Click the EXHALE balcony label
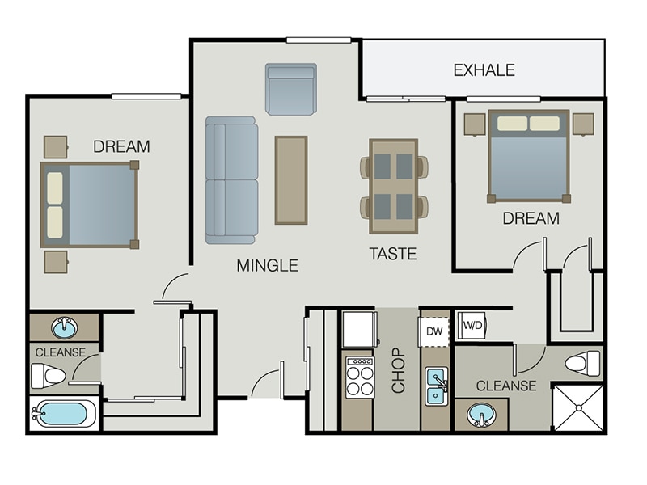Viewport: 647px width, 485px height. pyautogui.click(x=484, y=70)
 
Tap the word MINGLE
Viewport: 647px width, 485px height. pyautogui.click(x=267, y=265)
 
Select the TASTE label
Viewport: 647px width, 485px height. pyautogui.click(x=393, y=254)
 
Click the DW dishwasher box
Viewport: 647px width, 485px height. pyautogui.click(x=434, y=331)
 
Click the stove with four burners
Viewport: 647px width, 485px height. pyautogui.click(x=360, y=377)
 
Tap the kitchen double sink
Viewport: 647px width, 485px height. pyautogui.click(x=437, y=384)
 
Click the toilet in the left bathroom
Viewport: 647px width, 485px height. pyautogui.click(x=49, y=375)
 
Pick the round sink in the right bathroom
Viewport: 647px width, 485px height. pyautogui.click(x=483, y=416)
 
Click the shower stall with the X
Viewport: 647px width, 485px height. pyautogui.click(x=577, y=408)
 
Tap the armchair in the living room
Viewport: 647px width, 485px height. pyautogui.click(x=290, y=89)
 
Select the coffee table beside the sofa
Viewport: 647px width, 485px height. pyautogui.click(x=291, y=179)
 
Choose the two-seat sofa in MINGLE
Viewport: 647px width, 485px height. pyautogui.click(x=231, y=179)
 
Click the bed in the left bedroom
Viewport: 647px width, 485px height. pyautogui.click(x=89, y=205)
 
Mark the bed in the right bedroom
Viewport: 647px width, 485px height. pyautogui.click(x=528, y=155)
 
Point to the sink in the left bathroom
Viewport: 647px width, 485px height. pyautogui.click(x=64, y=328)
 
